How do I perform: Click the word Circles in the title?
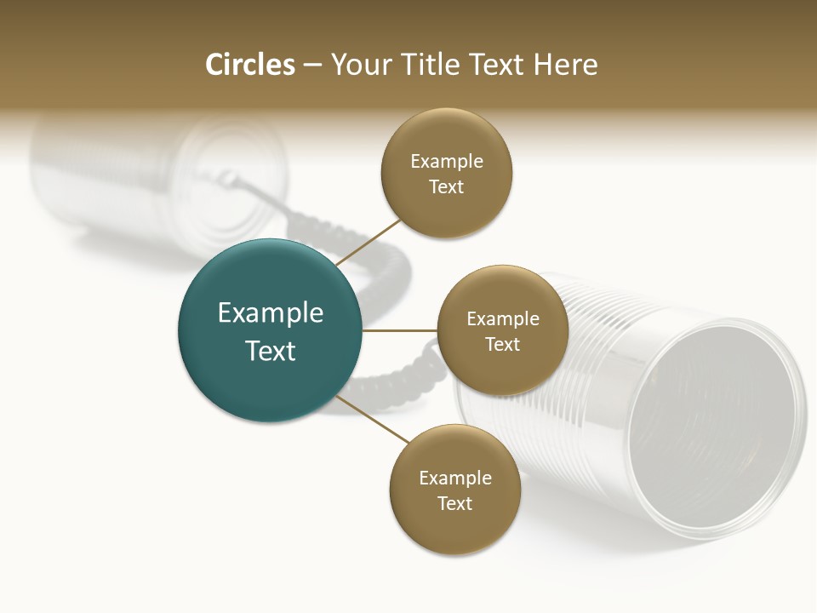(249, 65)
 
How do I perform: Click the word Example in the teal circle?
(271, 313)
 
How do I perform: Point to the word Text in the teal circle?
(271, 351)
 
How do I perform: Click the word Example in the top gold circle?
(447, 161)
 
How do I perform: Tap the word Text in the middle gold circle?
(502, 344)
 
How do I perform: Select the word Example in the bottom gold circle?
(455, 478)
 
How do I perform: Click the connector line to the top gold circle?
(369, 242)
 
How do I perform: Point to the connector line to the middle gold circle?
(399, 330)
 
